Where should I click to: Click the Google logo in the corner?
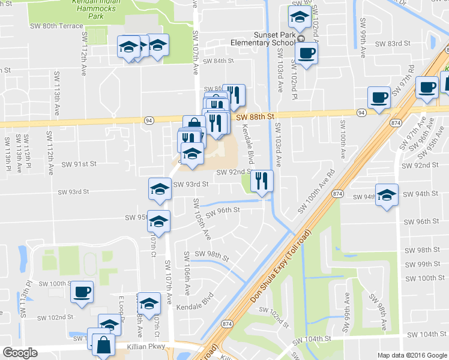coord(20,353)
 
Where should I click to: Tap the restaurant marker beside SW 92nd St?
coord(261,181)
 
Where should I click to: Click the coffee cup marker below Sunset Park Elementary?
coord(306,53)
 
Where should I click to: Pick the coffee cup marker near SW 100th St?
coord(82,293)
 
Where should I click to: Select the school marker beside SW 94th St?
coord(387,195)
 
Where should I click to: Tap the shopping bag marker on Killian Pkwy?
coord(103,345)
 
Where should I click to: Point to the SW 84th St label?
coord(217,61)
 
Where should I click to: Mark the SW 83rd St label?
coord(393,44)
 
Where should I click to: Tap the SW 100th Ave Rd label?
coord(320,196)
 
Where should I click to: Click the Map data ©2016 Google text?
coord(412,355)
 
